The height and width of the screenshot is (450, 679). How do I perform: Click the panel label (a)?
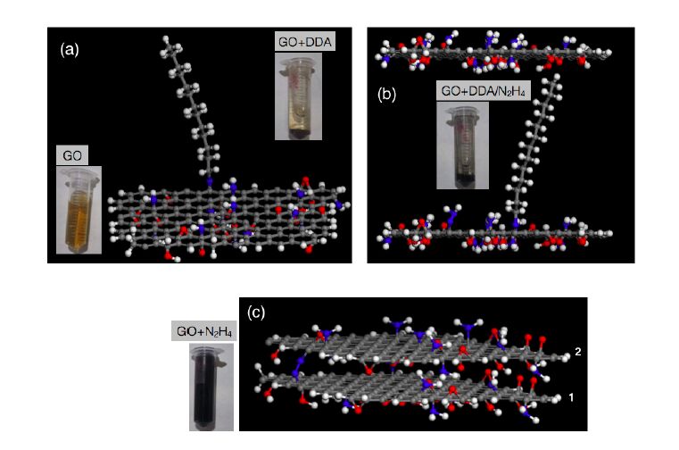point(69,50)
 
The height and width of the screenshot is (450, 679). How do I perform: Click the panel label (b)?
point(387,95)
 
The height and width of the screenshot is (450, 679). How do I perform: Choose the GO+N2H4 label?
point(201,331)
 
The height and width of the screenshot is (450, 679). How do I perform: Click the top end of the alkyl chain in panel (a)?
point(168,40)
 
